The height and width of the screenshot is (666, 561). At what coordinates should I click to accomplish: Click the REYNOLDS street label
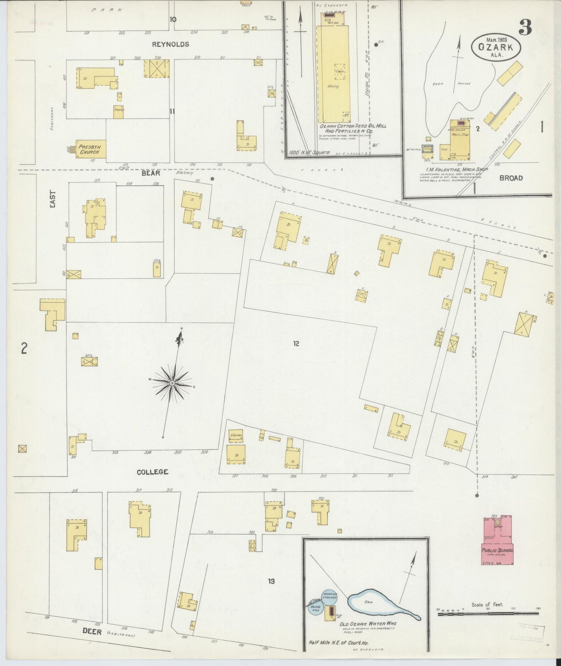[x=170, y=44]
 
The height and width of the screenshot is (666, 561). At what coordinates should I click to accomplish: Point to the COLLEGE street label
[x=153, y=472]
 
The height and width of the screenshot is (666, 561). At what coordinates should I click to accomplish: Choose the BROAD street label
[x=511, y=178]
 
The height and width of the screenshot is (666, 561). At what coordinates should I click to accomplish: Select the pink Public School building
[x=498, y=541]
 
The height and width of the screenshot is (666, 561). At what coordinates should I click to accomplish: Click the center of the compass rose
[x=172, y=383]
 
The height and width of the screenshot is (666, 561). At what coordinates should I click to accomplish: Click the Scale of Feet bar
[x=488, y=614]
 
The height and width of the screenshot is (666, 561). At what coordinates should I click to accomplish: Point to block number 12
[x=296, y=343]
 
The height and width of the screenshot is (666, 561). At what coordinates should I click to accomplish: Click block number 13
[x=271, y=581]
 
